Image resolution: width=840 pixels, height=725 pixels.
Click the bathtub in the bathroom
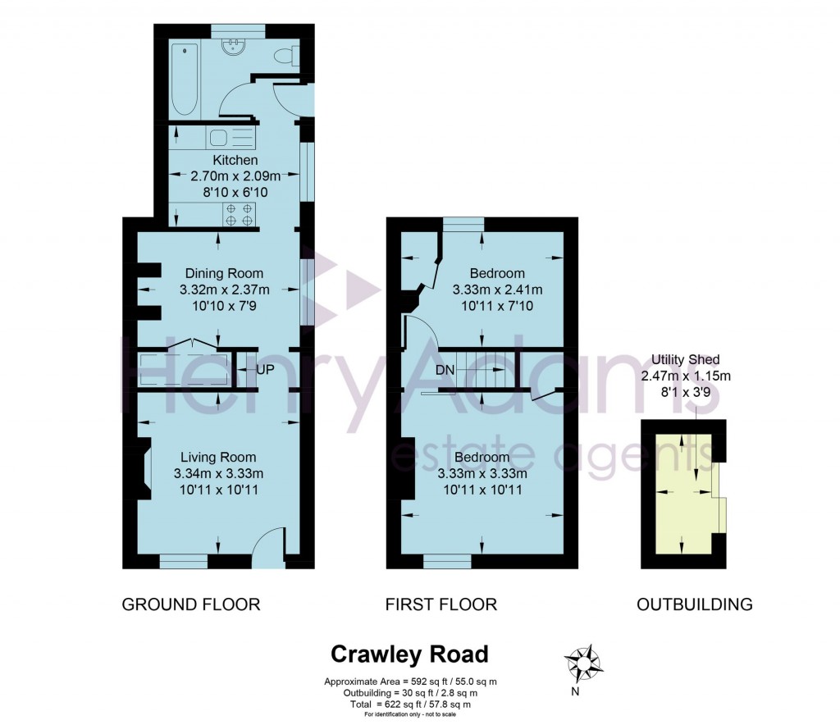pyautogui.click(x=185, y=80)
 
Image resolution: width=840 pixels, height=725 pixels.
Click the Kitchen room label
pyautogui.click(x=235, y=160)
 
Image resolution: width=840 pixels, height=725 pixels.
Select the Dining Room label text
pyautogui.click(x=224, y=273)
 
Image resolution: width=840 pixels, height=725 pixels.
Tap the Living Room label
pyautogui.click(x=218, y=457)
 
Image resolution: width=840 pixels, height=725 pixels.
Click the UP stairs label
pyautogui.click(x=265, y=370)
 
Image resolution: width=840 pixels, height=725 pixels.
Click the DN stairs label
pyautogui.click(x=445, y=370)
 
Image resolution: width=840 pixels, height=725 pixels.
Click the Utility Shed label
pyautogui.click(x=686, y=359)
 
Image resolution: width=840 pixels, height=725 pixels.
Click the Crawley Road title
pyautogui.click(x=409, y=654)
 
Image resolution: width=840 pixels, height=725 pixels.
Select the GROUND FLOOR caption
pyautogui.click(x=191, y=604)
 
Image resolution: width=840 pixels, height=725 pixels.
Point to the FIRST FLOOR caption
pyautogui.click(x=441, y=604)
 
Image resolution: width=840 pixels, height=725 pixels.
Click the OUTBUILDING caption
pyautogui.click(x=695, y=604)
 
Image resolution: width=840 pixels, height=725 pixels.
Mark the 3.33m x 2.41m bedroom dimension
pyautogui.click(x=497, y=290)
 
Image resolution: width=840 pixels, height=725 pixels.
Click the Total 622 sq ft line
pyautogui.click(x=409, y=704)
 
